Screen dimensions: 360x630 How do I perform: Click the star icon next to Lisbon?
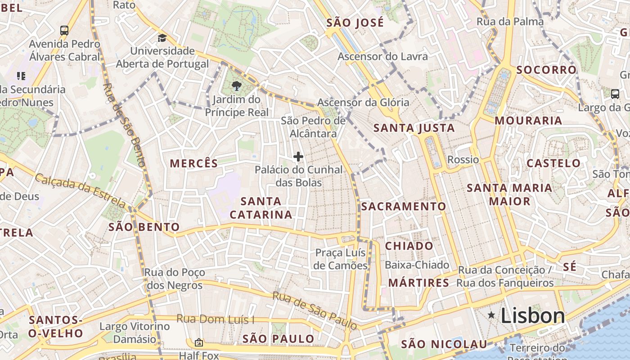point(491,315)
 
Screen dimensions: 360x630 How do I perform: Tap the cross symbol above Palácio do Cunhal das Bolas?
point(298,157)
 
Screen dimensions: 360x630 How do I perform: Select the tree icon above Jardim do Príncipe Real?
point(236,85)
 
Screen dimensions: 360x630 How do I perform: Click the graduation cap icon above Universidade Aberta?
point(162,38)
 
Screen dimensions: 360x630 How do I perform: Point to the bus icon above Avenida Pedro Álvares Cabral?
point(64,31)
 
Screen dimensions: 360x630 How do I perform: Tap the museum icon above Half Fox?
point(198,343)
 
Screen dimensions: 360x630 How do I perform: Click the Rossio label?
point(463,160)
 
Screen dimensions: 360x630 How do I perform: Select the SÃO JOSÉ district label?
point(355,22)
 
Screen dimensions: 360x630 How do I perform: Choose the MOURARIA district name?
point(528,121)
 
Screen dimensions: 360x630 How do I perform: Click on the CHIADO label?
point(409,246)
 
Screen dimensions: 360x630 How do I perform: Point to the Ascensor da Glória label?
point(363,103)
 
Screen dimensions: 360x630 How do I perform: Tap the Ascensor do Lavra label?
point(382,57)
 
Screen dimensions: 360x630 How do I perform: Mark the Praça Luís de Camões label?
point(341,259)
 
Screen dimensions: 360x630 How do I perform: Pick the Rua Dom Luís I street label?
point(215,319)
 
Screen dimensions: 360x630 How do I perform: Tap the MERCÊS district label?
point(193,164)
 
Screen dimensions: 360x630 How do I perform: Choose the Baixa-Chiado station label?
point(417,265)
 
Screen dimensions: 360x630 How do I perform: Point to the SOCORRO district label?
point(546,70)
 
